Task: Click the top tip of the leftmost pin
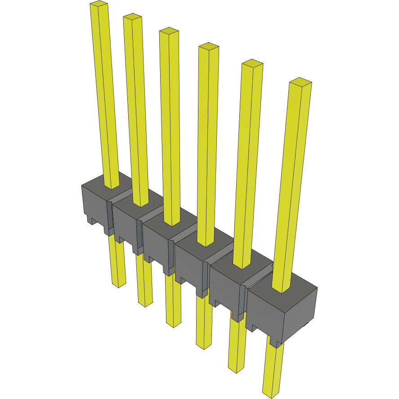[99, 4]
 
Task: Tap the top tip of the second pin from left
[133, 17]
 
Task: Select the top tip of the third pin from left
[169, 31]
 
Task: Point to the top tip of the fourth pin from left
[209, 46]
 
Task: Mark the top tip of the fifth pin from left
[252, 63]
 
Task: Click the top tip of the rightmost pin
[300, 82]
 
